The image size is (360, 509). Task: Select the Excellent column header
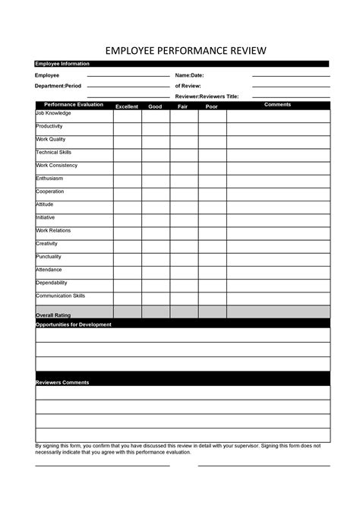coord(127,106)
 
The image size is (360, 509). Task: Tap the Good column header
coord(155,106)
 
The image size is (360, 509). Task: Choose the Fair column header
coord(183,106)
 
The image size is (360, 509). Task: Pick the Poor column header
coord(212,106)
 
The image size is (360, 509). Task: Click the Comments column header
coord(277,105)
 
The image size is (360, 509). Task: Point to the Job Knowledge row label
coord(53,113)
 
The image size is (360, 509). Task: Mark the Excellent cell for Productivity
coord(127,129)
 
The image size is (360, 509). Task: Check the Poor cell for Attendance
coord(212,273)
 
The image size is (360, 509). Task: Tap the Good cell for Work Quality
coord(155,142)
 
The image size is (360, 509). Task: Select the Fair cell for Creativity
coord(183,247)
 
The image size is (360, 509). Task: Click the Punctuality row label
coord(50,257)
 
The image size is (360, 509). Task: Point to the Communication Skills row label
coord(61,296)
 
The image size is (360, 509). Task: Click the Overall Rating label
coord(53,315)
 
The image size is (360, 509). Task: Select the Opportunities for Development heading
coord(74,324)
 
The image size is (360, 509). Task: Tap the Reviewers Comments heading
coord(62,382)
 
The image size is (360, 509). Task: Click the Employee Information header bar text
coord(62,64)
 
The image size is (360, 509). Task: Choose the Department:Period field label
coord(58,86)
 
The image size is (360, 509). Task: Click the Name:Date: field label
coord(189,76)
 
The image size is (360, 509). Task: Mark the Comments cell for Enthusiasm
coord(277,181)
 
